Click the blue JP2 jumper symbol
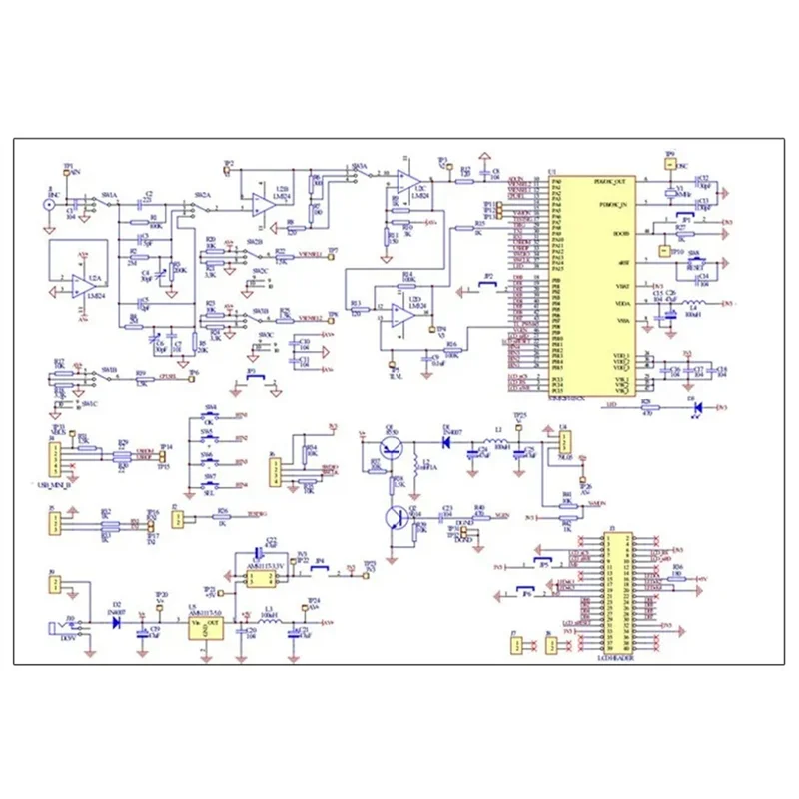[488, 285]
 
